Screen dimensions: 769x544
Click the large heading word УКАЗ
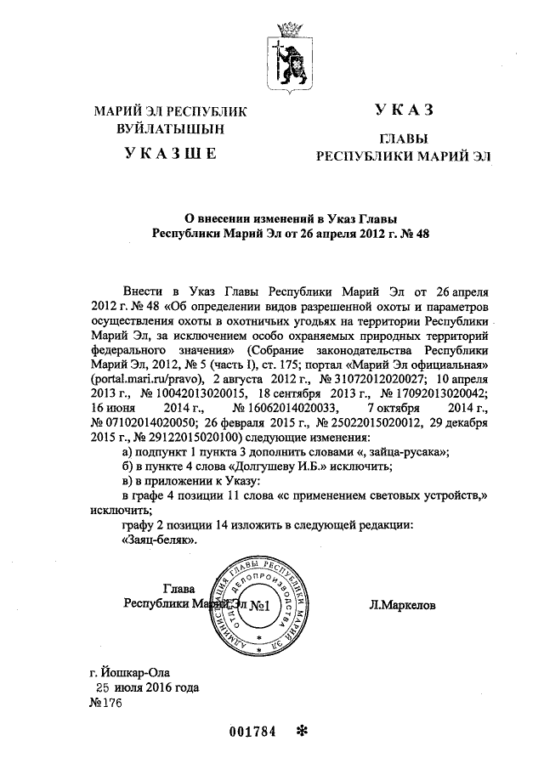(404, 110)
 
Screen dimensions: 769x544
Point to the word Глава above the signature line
(178, 590)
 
